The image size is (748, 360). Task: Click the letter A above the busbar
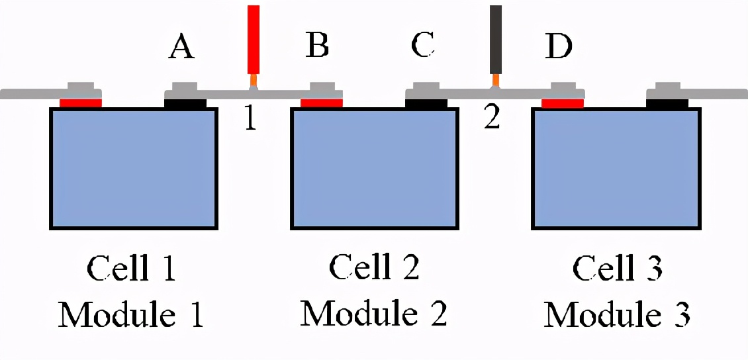pyautogui.click(x=181, y=46)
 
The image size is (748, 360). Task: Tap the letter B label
pyautogui.click(x=317, y=46)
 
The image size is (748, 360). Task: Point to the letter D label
pyautogui.click(x=558, y=46)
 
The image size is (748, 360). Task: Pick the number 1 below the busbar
pyautogui.click(x=250, y=118)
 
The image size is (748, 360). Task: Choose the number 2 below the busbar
pyautogui.click(x=491, y=118)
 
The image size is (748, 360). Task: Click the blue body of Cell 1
pyautogui.click(x=134, y=168)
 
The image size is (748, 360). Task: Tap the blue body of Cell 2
pyautogui.click(x=375, y=168)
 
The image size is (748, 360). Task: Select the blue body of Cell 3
pyautogui.click(x=616, y=168)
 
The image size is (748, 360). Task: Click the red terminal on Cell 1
pyautogui.click(x=81, y=103)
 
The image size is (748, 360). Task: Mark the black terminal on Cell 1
pyautogui.click(x=185, y=103)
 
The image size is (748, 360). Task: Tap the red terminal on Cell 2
pyautogui.click(x=322, y=103)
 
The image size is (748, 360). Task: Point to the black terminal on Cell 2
pyautogui.click(x=426, y=103)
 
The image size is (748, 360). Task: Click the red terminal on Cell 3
pyautogui.click(x=563, y=103)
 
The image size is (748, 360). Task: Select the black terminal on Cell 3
pyautogui.click(x=667, y=103)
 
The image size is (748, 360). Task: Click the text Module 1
pyautogui.click(x=130, y=314)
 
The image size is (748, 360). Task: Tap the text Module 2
pyautogui.click(x=374, y=313)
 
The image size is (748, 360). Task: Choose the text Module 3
pyautogui.click(x=617, y=314)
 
